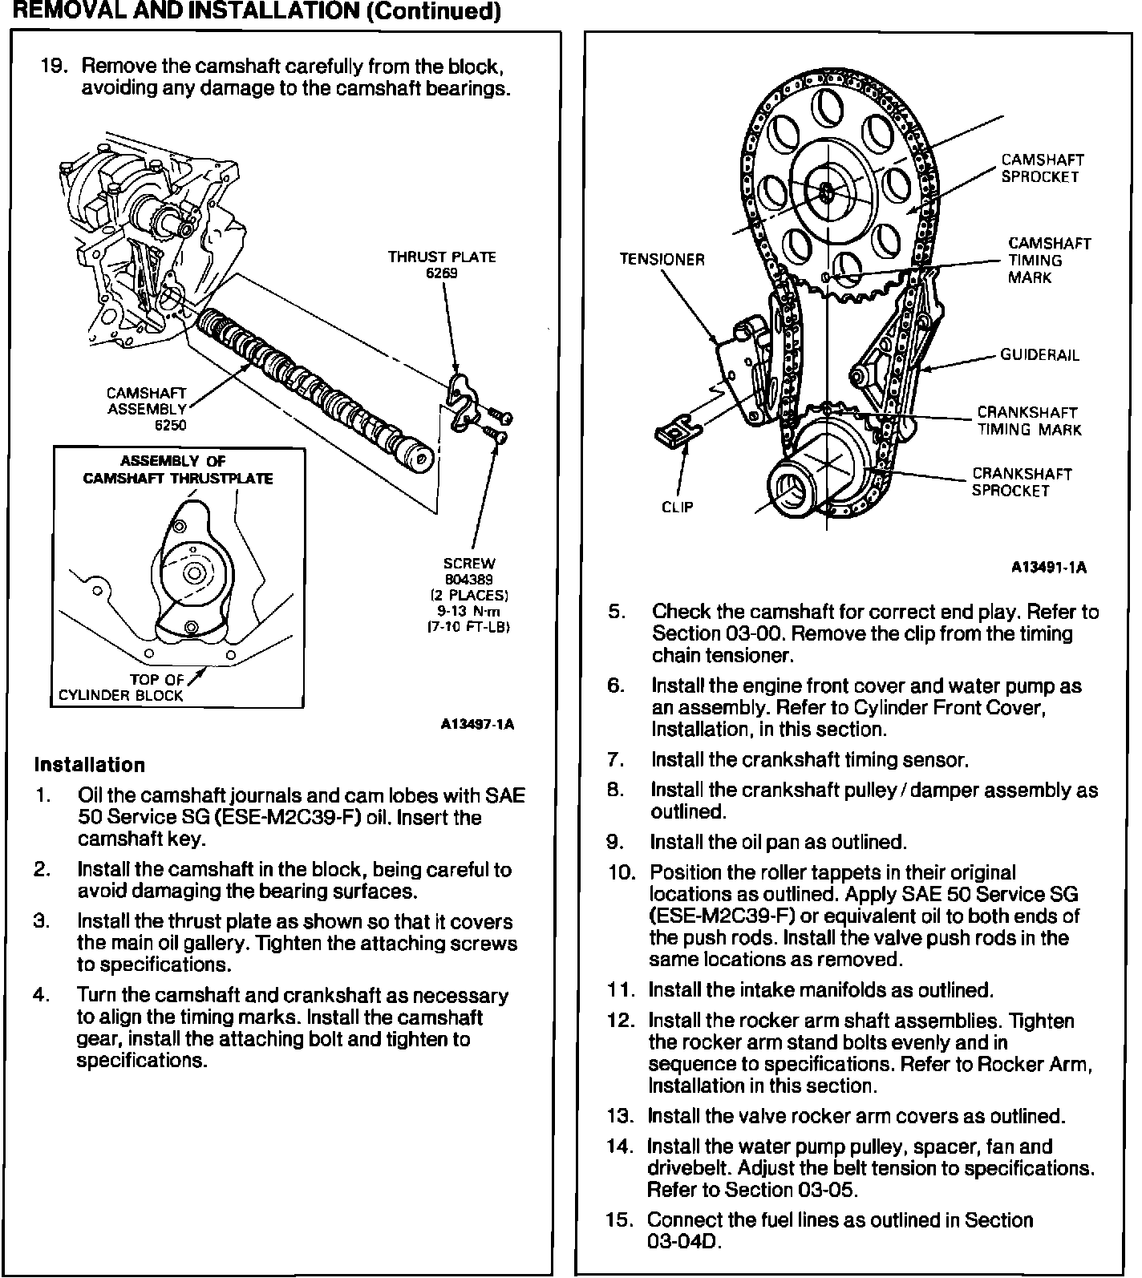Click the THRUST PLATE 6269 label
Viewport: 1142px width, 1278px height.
442,265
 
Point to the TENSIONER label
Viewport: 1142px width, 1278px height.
662,259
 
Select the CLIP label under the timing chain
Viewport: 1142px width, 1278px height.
677,507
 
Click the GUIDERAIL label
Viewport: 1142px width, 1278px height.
1039,354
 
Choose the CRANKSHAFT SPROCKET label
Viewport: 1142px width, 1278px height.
1021,482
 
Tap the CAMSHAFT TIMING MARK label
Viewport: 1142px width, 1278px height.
1049,260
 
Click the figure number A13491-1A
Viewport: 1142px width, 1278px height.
1048,567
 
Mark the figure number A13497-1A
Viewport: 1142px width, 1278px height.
477,724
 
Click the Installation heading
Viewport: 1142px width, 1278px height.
90,764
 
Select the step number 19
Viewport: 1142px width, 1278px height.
53,66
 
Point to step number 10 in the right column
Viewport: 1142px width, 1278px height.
621,872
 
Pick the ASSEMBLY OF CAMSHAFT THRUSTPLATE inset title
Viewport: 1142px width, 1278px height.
178,470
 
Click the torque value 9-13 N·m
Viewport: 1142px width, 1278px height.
476,610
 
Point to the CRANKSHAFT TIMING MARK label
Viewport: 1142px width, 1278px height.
1029,421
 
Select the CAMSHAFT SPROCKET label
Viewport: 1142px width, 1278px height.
1043,168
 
